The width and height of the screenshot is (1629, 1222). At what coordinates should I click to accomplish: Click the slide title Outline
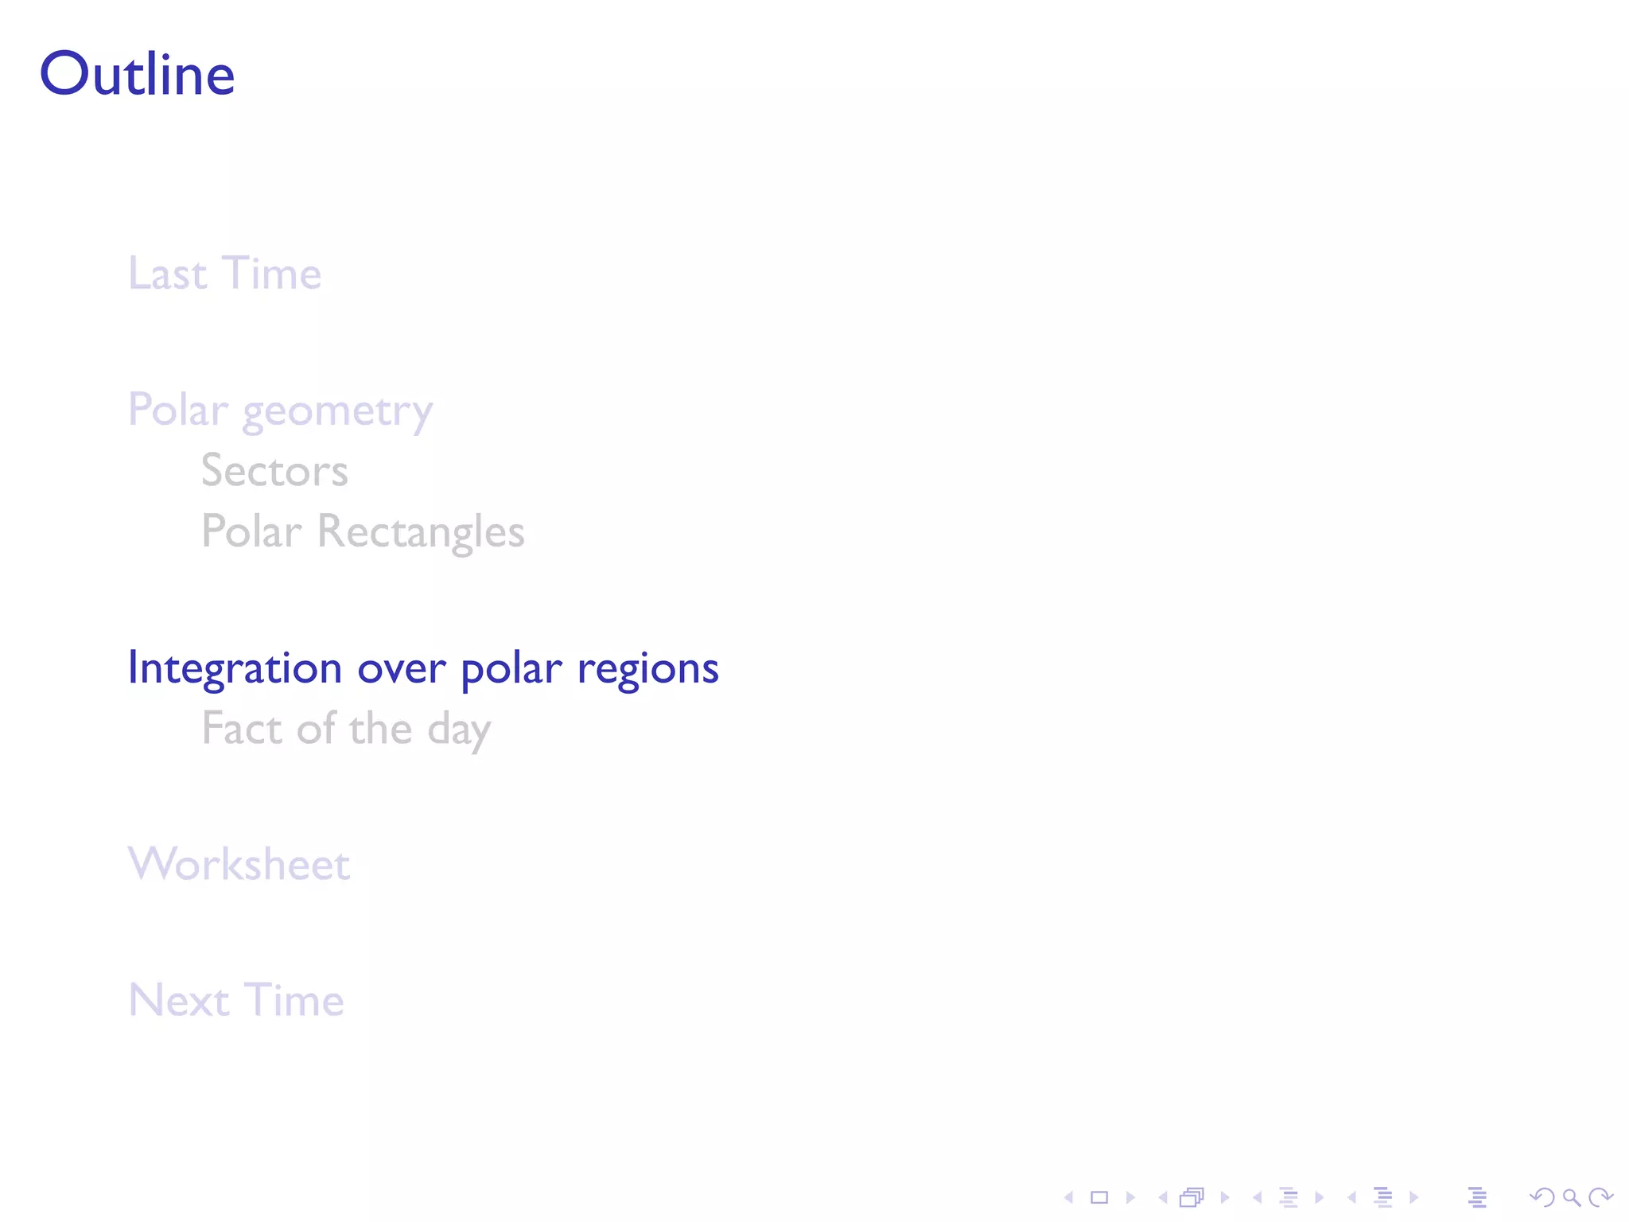(137, 74)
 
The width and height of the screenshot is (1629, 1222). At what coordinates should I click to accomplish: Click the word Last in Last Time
(168, 274)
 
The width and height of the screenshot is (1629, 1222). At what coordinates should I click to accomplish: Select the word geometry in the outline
(337, 412)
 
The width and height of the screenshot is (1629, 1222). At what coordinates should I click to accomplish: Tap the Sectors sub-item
(274, 470)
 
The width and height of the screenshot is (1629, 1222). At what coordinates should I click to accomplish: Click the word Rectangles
(421, 531)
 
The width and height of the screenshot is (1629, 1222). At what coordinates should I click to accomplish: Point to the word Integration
(235, 668)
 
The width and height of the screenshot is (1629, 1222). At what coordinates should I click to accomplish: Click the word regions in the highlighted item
(647, 668)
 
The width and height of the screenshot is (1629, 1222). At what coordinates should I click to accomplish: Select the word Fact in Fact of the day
(242, 729)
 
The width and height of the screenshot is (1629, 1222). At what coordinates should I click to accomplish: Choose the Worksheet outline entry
(239, 864)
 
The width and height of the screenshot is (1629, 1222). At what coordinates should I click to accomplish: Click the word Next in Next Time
(180, 1000)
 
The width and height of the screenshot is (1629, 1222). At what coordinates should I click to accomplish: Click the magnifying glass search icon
(1571, 1197)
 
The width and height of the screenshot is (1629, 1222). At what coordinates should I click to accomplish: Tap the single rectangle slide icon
(1099, 1197)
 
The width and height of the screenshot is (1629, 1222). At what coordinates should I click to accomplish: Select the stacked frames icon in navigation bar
(1192, 1197)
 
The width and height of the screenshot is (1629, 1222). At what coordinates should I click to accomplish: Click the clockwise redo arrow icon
(1600, 1197)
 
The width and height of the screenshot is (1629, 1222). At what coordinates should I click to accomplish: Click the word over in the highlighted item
(401, 668)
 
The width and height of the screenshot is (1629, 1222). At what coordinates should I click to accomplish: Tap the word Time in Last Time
(272, 274)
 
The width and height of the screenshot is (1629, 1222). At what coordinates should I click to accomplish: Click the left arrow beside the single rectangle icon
(1069, 1197)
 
